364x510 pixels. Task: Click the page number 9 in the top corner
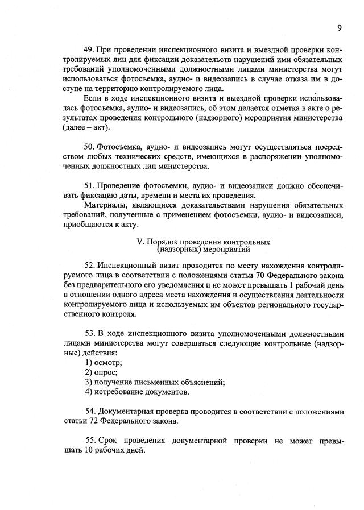pos(339,27)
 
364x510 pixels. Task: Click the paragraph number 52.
pos(90,265)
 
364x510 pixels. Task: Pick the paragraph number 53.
pos(90,333)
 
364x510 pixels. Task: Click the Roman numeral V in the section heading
pos(140,242)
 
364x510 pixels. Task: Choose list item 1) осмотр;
pos(104,362)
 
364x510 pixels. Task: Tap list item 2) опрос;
pos(101,372)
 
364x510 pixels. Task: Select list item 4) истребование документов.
pos(137,392)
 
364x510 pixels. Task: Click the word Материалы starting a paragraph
pos(105,205)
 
